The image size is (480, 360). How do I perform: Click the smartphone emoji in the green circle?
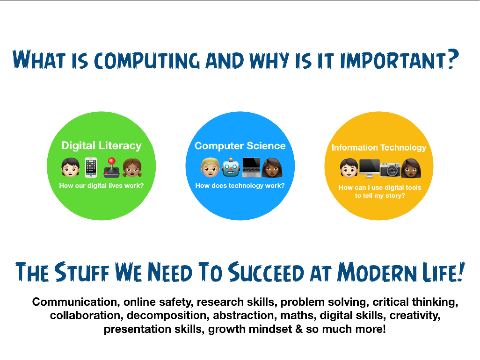91,167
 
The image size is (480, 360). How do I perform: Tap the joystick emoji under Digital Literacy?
111,167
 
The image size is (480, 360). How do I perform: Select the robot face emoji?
231,167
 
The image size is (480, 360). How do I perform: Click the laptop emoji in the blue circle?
251,167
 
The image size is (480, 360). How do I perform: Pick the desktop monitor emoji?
370,168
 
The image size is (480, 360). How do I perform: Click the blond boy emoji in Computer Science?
211,167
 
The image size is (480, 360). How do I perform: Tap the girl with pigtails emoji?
132,167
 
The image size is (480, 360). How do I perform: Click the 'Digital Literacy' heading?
102,146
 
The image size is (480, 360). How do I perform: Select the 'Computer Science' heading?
240,146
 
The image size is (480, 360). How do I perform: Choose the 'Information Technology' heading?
379,148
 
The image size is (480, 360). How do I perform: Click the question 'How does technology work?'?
240,186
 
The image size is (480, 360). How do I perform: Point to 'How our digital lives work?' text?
102,186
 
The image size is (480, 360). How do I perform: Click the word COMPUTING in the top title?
147,60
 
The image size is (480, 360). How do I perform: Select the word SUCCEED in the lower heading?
266,272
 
